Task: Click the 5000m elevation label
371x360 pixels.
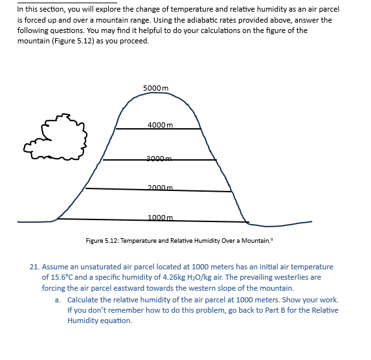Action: pos(155,89)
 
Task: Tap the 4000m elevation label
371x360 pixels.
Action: pos(159,124)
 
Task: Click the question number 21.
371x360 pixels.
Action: pos(35,267)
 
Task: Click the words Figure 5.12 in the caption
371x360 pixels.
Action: pos(101,241)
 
